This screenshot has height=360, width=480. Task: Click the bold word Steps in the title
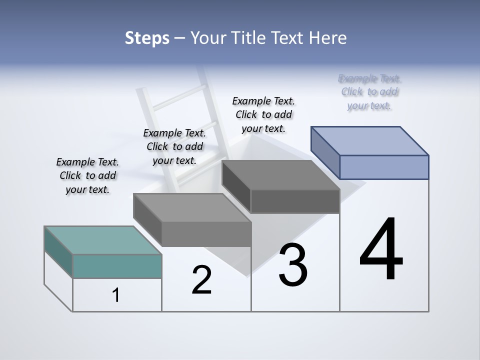[147, 38]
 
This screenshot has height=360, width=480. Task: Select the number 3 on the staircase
[293, 265]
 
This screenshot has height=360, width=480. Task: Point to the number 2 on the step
[201, 280]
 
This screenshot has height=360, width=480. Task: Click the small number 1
[116, 295]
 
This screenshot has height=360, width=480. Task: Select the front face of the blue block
[384, 167]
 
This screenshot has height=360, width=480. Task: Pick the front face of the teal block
[117, 266]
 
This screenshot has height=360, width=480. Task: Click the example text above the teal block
[87, 175]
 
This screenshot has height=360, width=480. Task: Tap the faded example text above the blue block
[369, 92]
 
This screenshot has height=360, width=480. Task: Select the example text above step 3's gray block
[263, 114]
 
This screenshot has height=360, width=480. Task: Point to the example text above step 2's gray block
[174, 146]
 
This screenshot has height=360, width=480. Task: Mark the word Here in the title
[328, 38]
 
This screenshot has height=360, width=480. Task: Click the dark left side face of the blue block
[325, 153]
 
